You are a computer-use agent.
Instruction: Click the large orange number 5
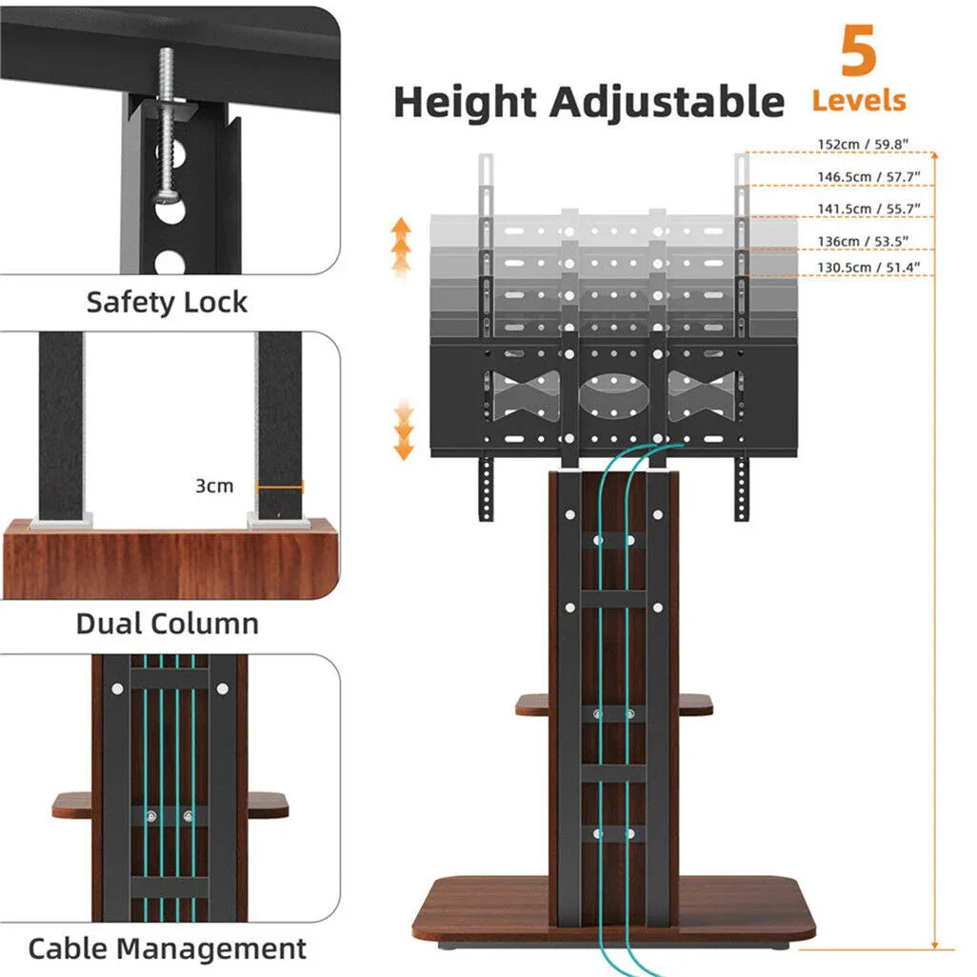[858, 53]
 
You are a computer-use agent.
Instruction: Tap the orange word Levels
[858, 100]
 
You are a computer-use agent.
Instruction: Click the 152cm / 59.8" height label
[862, 145]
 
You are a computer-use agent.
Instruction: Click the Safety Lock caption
[167, 303]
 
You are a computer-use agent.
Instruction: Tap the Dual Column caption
[167, 625]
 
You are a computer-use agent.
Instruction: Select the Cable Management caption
[167, 948]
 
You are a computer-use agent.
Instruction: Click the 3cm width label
[213, 486]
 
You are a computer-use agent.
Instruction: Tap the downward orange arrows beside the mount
[405, 430]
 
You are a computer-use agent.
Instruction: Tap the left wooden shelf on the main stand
[533, 705]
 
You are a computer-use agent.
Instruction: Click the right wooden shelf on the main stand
[695, 705]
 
